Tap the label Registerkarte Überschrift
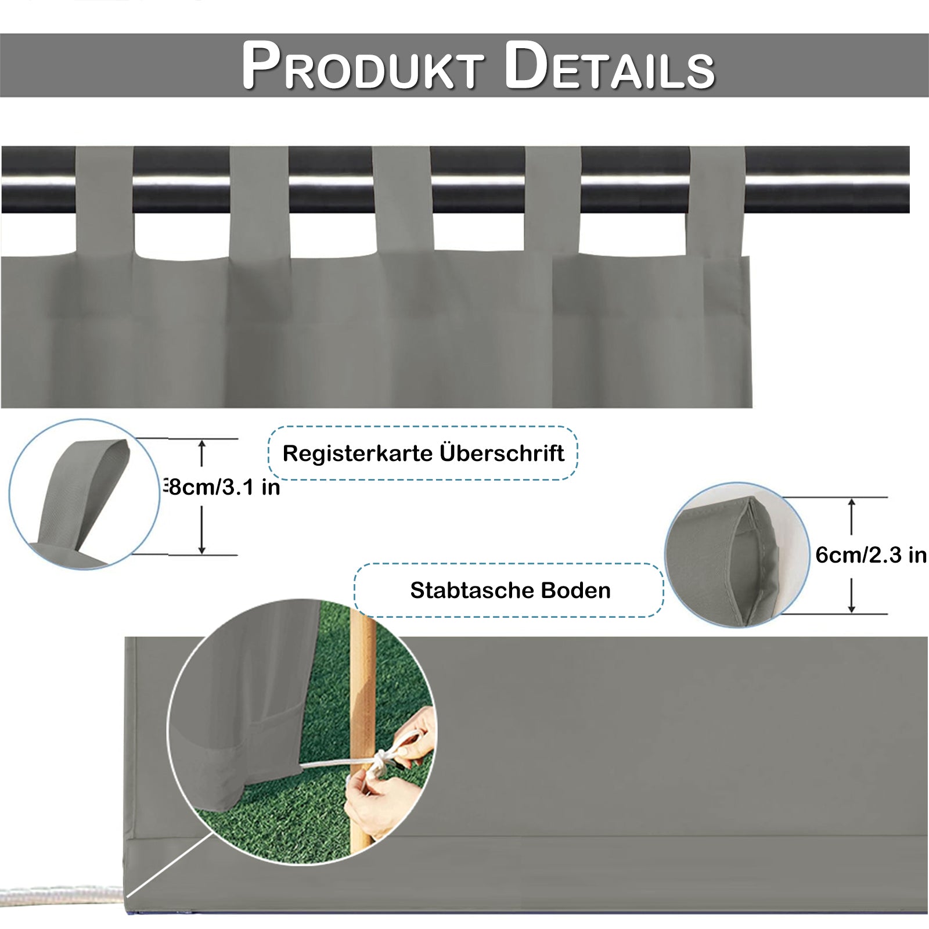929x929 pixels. click(x=423, y=453)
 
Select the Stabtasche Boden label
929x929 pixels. click(x=510, y=590)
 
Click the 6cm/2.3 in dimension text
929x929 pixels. click(x=870, y=555)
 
